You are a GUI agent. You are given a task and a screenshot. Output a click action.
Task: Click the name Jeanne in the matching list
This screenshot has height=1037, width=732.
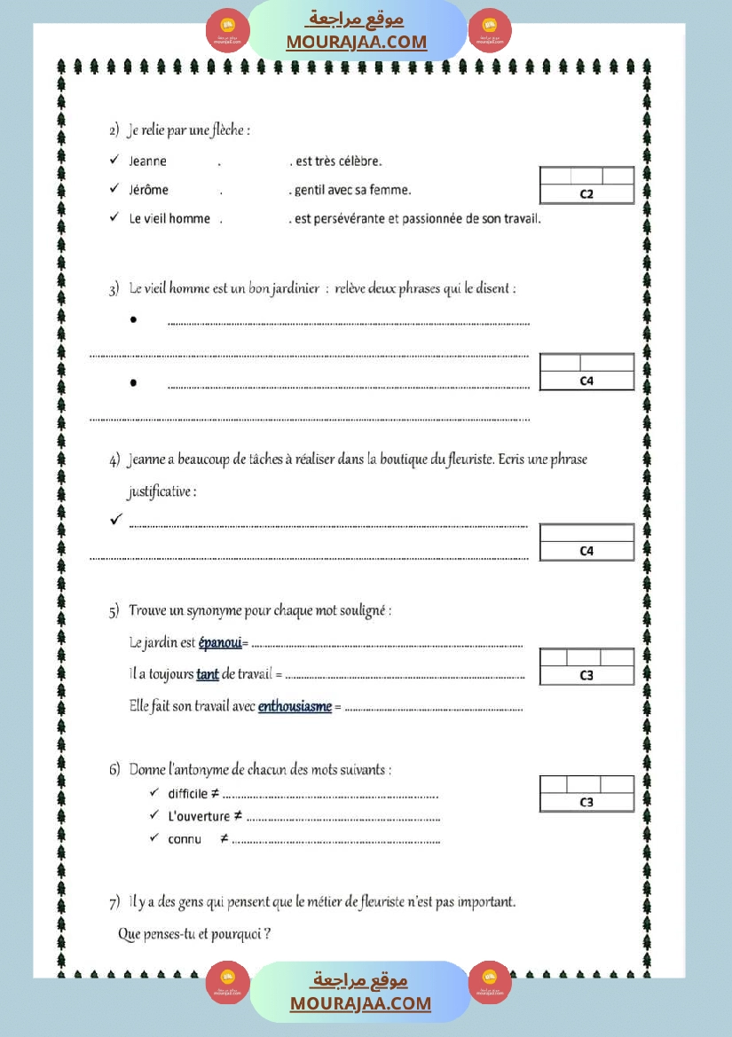click(x=147, y=161)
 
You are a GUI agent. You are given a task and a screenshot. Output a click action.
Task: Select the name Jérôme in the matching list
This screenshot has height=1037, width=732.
click(x=148, y=190)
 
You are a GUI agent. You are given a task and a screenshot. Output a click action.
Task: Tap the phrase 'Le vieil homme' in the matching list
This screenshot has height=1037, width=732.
click(x=169, y=218)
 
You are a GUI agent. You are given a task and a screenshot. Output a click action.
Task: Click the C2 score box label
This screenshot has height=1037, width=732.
click(x=586, y=194)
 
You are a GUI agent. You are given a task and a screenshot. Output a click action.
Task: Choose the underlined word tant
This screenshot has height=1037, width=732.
click(x=208, y=674)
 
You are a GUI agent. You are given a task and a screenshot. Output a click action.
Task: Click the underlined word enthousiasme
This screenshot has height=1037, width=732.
click(x=295, y=706)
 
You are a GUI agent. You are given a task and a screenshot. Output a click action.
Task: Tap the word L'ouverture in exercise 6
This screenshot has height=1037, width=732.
click(x=198, y=816)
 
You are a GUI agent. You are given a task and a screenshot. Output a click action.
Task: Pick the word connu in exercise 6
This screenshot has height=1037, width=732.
click(x=185, y=838)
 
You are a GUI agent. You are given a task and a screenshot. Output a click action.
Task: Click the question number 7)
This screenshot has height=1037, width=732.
click(x=114, y=903)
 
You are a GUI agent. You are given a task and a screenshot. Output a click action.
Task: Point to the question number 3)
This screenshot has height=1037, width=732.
click(x=114, y=290)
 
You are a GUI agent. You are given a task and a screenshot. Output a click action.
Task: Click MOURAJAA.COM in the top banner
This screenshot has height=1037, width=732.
click(x=357, y=42)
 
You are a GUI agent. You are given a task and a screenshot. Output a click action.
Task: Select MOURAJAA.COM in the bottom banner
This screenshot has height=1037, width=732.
click(x=360, y=1003)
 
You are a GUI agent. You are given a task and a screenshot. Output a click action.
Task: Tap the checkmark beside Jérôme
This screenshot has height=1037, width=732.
click(x=114, y=189)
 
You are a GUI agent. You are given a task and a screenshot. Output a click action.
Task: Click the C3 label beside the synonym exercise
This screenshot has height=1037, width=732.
click(x=586, y=675)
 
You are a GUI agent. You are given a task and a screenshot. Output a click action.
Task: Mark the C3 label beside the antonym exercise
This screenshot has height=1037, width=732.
click(x=586, y=802)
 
